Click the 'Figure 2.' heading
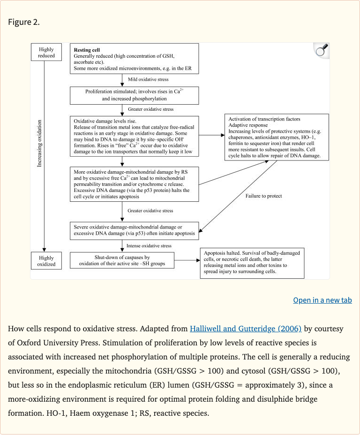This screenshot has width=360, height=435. tap(24, 22)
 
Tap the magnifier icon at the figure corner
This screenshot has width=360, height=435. tap(321, 51)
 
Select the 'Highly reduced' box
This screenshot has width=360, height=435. tap(46, 53)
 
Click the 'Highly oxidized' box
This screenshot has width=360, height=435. tap(46, 261)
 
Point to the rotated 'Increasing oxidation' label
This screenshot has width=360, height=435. tap(39, 143)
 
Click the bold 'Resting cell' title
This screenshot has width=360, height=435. tap(87, 50)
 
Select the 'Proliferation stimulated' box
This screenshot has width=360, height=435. tap(135, 95)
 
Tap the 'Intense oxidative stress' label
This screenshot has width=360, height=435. tap(149, 245)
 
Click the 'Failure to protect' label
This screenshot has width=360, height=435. tap(263, 196)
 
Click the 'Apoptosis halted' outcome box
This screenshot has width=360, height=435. tap(252, 263)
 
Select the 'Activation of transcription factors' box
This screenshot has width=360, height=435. tap(276, 137)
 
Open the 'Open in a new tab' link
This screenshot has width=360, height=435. tap(322, 300)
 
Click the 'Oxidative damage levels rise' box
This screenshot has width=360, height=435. tap(135, 136)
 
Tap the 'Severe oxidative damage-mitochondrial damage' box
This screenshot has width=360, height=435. tap(135, 230)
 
